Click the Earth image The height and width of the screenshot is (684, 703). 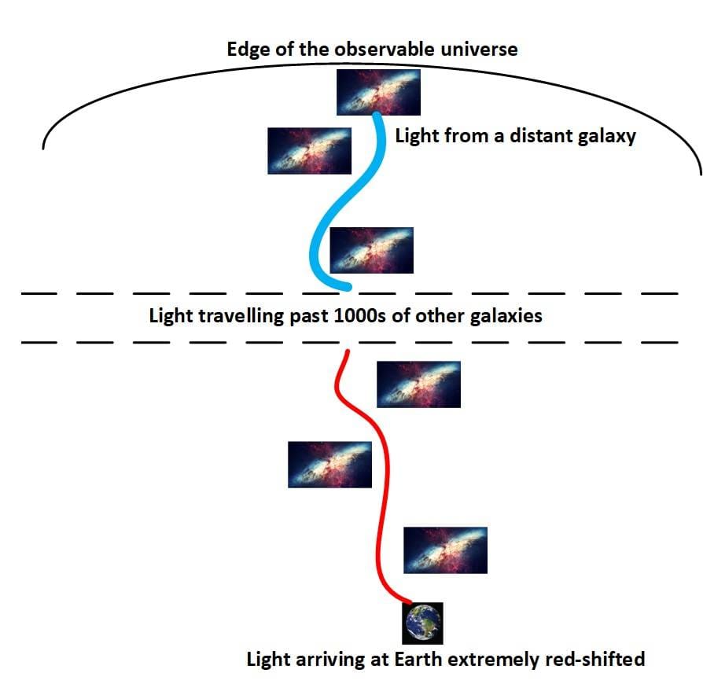point(422,623)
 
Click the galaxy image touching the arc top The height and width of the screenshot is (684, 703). point(378,92)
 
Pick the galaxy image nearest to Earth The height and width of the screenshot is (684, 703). point(445,550)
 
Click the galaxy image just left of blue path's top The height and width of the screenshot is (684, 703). point(309,150)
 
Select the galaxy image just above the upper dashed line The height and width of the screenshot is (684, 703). point(371,250)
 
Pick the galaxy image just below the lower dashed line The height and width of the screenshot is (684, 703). point(418,384)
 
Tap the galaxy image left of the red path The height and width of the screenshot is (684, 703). point(329,464)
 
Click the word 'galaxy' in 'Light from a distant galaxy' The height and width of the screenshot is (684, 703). point(605,136)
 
